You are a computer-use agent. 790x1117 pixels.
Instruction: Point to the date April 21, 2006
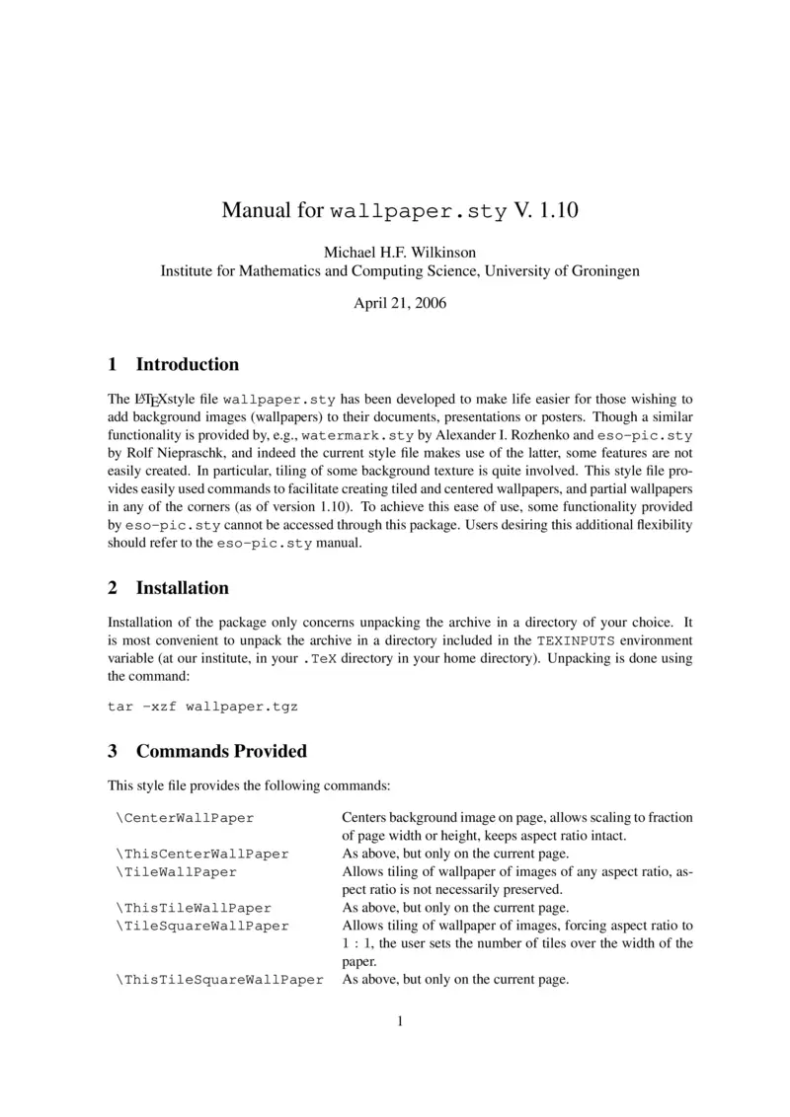click(x=400, y=303)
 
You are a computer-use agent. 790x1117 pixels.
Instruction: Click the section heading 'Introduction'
click(x=187, y=364)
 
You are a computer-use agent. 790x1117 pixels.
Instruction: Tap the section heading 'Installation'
click(x=182, y=588)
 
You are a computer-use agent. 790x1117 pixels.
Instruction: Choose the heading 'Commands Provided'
click(x=221, y=751)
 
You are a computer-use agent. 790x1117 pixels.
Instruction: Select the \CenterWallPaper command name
click(x=185, y=818)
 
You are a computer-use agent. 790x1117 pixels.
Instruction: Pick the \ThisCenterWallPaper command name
click(x=202, y=854)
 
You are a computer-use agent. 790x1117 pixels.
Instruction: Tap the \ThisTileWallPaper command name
click(x=194, y=908)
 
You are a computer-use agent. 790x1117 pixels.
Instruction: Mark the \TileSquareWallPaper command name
click(x=202, y=926)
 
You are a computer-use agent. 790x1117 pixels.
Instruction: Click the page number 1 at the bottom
click(x=400, y=1021)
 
